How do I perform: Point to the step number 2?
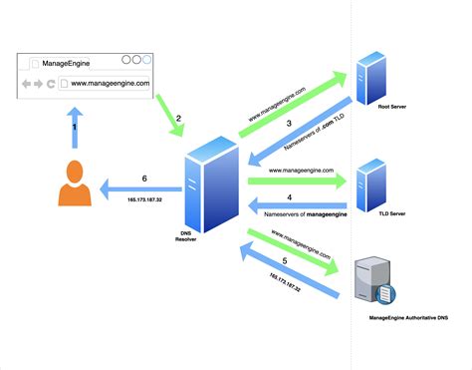click(x=178, y=119)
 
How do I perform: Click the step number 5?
click(x=286, y=261)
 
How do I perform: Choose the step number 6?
click(x=144, y=179)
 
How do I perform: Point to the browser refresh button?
click(x=51, y=84)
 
